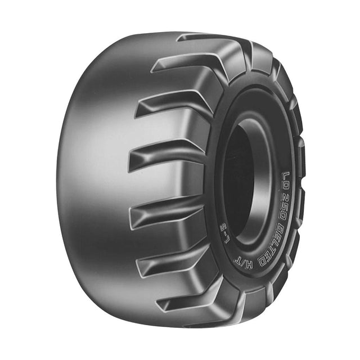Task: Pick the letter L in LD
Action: coord(286,175)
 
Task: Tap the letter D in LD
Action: coord(286,186)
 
